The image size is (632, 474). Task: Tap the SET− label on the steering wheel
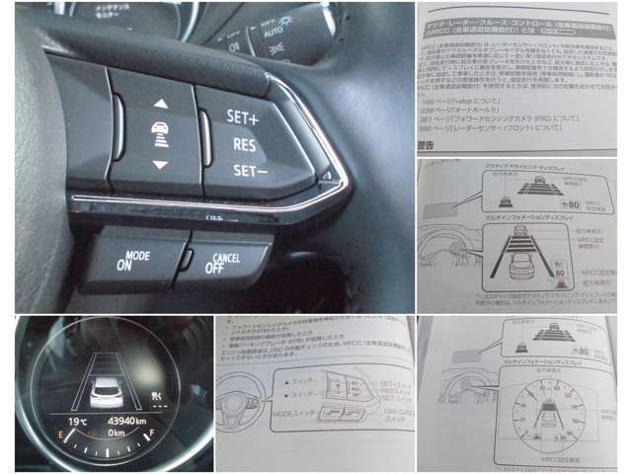(243, 169)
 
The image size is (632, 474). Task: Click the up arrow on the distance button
(159, 103)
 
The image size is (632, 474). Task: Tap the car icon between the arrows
(159, 131)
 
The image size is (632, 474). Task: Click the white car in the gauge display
(106, 392)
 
